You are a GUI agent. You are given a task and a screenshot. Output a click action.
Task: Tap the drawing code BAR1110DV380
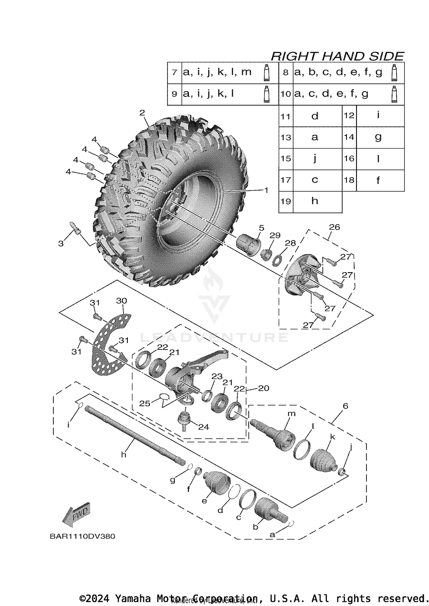click(x=82, y=536)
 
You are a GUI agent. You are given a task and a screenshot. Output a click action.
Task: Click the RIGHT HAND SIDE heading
click(x=337, y=56)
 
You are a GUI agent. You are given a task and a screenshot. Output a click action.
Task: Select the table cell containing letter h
click(x=315, y=201)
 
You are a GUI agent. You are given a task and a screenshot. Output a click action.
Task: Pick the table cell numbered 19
click(x=286, y=201)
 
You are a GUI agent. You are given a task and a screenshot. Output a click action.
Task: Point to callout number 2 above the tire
click(x=142, y=113)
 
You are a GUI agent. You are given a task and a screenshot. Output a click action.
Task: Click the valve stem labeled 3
click(x=75, y=228)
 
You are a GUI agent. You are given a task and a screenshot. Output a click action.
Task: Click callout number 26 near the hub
click(x=334, y=227)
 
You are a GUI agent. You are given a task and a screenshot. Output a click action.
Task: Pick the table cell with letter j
click(x=315, y=158)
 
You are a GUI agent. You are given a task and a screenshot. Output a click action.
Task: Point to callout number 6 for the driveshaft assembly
click(x=345, y=406)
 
